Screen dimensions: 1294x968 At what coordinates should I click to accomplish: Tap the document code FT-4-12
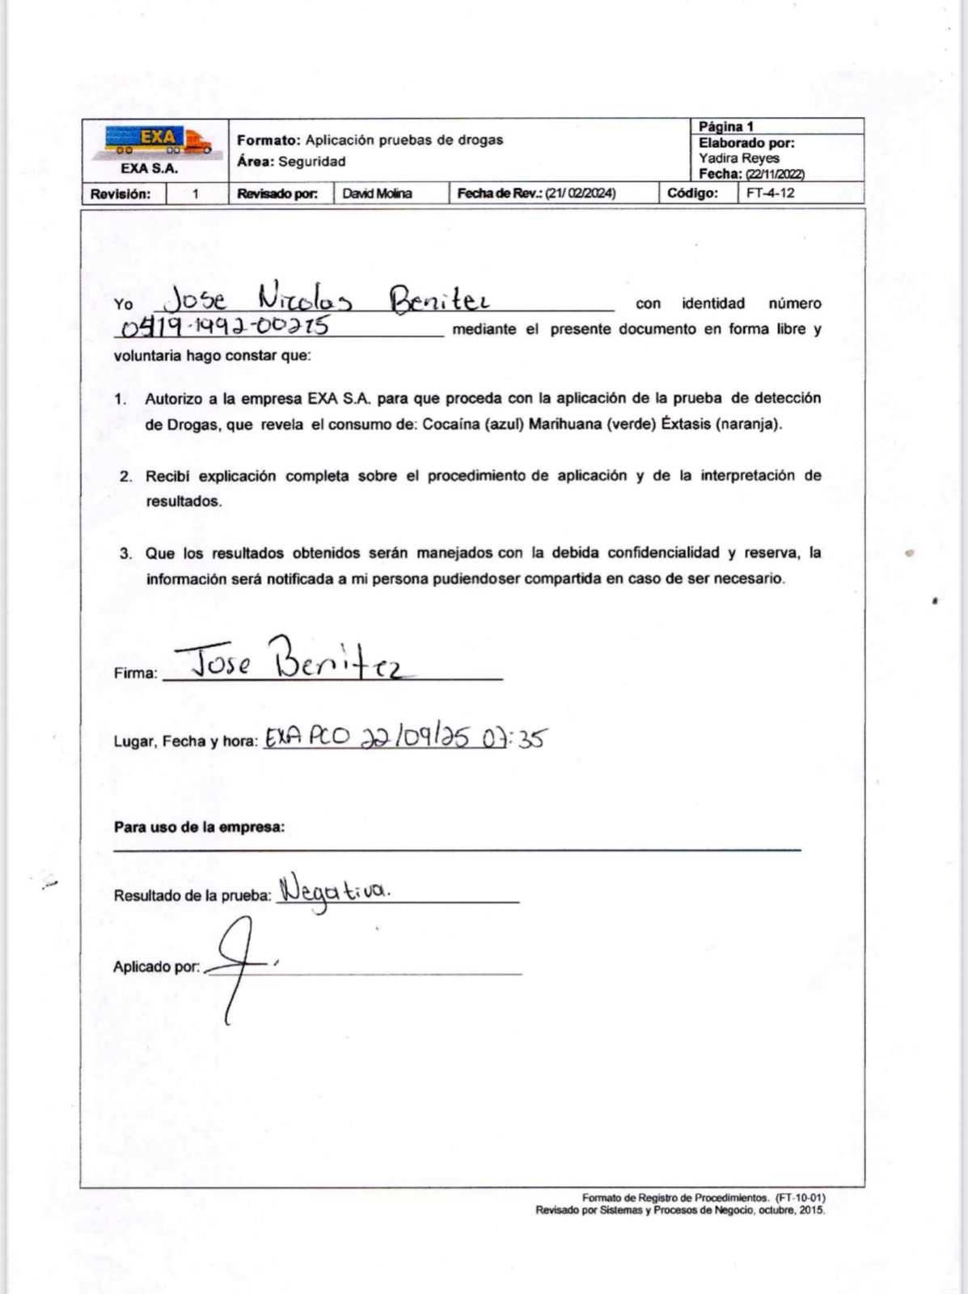[770, 193]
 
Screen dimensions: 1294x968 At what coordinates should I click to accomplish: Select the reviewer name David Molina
[377, 193]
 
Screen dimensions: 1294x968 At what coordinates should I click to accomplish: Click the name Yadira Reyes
[739, 159]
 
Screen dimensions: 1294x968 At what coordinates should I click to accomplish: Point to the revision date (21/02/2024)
[580, 193]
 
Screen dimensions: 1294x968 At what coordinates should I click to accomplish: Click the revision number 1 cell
[195, 194]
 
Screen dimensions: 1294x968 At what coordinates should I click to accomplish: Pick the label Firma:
[135, 673]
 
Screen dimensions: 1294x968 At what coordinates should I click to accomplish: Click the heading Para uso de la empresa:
[199, 827]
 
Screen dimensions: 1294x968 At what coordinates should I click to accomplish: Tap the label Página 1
[726, 127]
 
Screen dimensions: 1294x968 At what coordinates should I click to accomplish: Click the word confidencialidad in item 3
[663, 553]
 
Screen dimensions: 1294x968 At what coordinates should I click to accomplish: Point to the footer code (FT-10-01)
[800, 1198]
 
